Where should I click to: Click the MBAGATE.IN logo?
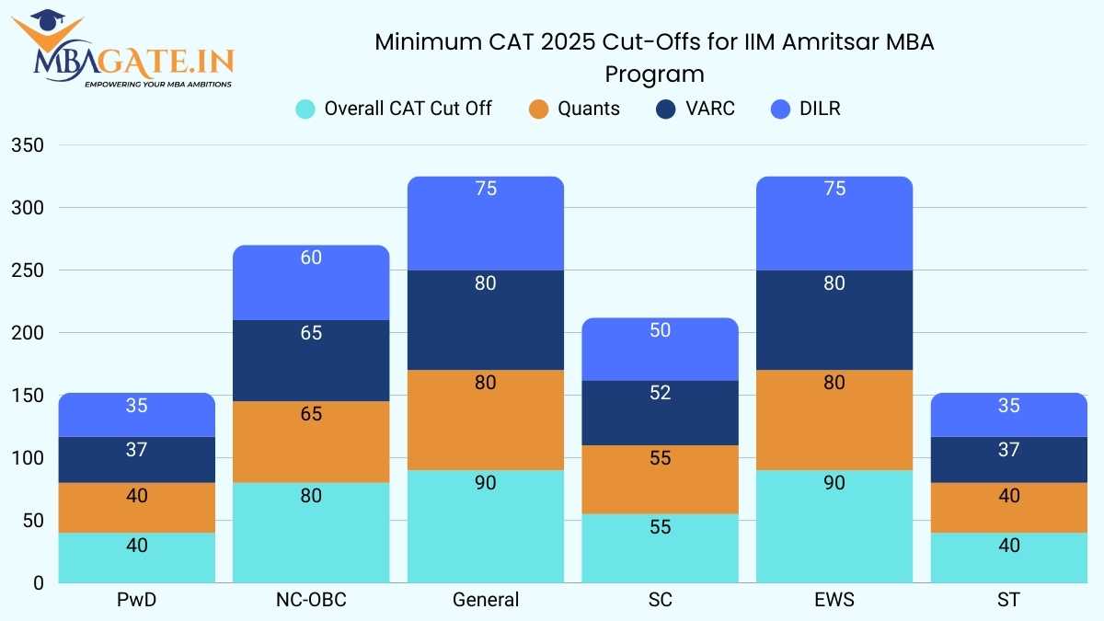(x=123, y=51)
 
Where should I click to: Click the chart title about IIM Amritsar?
(x=654, y=57)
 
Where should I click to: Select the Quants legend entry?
(x=574, y=109)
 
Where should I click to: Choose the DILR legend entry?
(x=804, y=109)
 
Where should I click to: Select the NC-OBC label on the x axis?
(x=311, y=600)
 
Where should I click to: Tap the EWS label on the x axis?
(x=834, y=600)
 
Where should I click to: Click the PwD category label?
(x=136, y=600)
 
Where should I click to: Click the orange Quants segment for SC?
(x=660, y=479)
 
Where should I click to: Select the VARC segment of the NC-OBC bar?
(x=311, y=360)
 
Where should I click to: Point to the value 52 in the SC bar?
(x=660, y=393)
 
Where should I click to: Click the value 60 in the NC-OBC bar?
(x=311, y=258)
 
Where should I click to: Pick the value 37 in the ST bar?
(x=1008, y=450)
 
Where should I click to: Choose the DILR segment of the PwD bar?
(x=136, y=415)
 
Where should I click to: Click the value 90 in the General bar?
(x=486, y=482)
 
